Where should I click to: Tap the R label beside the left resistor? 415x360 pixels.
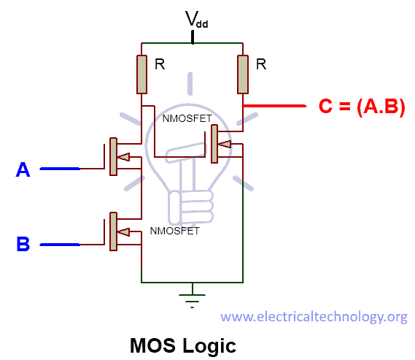pyautogui.click(x=159, y=64)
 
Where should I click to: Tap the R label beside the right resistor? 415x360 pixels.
pyautogui.click(x=261, y=64)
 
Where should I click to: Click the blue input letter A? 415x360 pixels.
pyautogui.click(x=23, y=170)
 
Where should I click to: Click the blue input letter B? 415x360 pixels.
pyautogui.click(x=23, y=244)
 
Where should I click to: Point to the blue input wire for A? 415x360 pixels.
pyautogui.click(x=60, y=169)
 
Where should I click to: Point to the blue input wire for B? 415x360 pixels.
pyautogui.click(x=60, y=244)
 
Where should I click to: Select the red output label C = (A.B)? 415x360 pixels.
pyautogui.click(x=362, y=107)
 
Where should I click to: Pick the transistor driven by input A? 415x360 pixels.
pyautogui.click(x=115, y=156)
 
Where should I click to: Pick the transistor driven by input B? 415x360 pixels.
pyautogui.click(x=115, y=231)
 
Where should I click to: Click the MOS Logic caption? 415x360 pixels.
pyautogui.click(x=182, y=343)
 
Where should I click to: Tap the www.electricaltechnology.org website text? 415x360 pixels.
pyautogui.click(x=314, y=316)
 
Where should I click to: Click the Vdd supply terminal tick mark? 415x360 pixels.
pyautogui.click(x=193, y=37)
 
